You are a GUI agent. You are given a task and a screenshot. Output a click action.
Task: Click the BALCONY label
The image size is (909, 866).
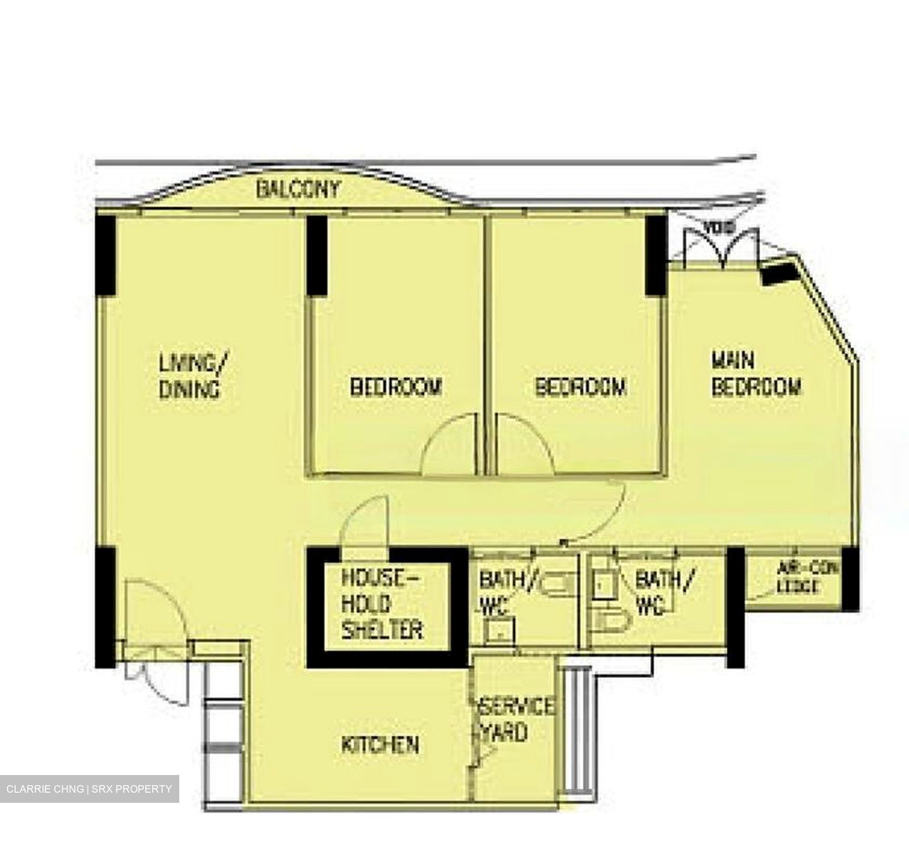click(298, 189)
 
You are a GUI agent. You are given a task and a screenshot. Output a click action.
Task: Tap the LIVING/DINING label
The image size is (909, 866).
click(192, 376)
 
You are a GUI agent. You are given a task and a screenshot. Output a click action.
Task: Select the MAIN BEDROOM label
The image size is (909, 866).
click(756, 374)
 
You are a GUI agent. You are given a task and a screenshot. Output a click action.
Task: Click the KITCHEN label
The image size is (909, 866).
click(380, 744)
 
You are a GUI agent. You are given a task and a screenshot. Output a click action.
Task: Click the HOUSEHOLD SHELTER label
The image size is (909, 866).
click(381, 604)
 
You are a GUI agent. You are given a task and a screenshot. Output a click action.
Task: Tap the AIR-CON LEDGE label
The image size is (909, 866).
click(808, 577)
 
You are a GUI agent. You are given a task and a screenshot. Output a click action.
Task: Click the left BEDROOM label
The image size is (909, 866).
click(396, 387)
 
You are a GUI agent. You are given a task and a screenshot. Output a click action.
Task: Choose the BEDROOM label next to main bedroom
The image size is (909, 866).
click(580, 387)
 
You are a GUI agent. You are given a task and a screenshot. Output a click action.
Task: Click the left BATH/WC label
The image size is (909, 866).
click(502, 592)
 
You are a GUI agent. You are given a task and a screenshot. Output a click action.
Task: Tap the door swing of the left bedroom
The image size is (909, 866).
click(449, 448)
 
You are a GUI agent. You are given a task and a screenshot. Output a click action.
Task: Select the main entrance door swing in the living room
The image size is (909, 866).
click(155, 610)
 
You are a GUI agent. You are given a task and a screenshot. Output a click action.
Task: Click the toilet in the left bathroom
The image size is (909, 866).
click(558, 582)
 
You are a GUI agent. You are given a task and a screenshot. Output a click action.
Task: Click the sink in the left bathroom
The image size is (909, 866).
click(499, 630)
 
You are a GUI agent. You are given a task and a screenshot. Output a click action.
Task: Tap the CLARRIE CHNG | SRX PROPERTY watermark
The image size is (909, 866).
click(89, 789)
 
